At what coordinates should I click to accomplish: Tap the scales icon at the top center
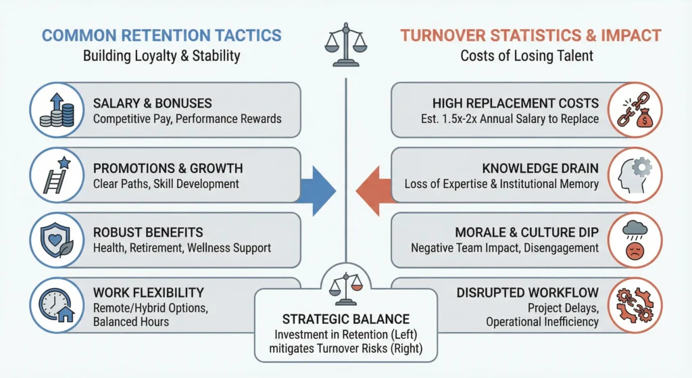345,46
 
